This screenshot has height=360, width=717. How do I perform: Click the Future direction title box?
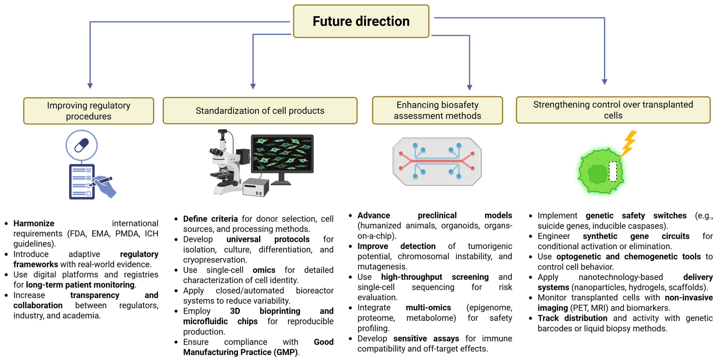361,21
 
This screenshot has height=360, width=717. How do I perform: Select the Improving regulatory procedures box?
89,111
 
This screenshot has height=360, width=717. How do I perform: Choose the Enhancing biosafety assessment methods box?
437,110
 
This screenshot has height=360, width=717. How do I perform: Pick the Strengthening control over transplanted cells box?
613,110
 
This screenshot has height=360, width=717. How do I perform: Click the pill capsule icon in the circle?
82,145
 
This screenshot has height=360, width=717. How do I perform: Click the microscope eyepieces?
215,152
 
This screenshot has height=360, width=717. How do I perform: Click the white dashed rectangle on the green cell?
613,171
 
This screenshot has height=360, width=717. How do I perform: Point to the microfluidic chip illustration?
437,161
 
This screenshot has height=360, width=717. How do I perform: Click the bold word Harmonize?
34,223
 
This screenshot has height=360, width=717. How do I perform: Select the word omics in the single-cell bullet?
264,270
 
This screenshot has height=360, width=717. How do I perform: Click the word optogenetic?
579,257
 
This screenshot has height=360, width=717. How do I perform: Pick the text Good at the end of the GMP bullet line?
323,342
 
